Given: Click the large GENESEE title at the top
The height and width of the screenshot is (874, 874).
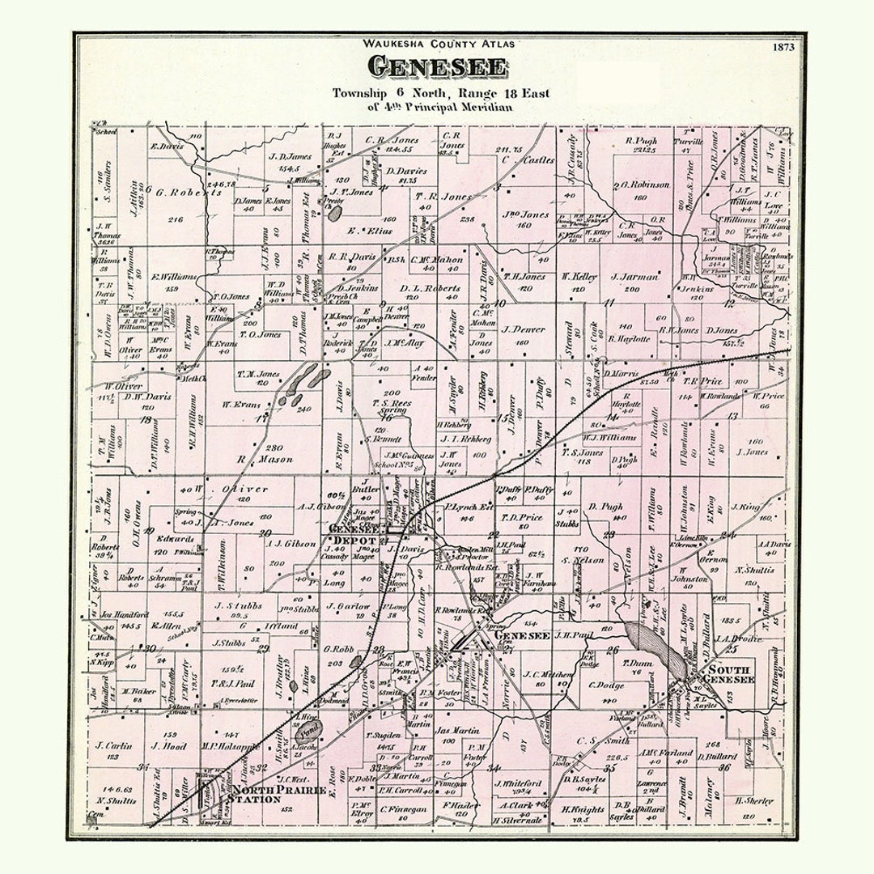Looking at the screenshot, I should (438, 67).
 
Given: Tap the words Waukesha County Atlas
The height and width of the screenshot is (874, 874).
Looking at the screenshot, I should (438, 44).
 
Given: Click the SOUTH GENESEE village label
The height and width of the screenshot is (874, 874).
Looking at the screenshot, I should (731, 674).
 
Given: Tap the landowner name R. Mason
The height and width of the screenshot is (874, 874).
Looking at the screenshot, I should (253, 459).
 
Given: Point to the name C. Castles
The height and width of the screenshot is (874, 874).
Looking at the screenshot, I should (528, 160).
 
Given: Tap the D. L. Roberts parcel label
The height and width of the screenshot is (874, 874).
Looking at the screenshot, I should (430, 288).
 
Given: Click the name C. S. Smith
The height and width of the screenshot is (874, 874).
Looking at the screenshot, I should (604, 740).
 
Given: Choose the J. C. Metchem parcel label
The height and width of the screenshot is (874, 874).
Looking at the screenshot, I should (548, 673).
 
